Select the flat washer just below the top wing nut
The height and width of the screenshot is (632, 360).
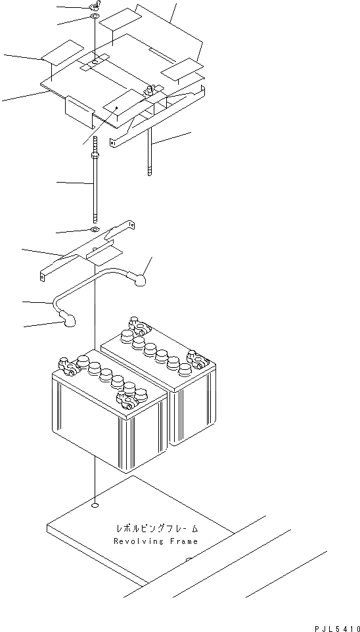point(95,16)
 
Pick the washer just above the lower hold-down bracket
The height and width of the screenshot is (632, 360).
point(95,229)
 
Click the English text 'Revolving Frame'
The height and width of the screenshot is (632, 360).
point(155,541)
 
